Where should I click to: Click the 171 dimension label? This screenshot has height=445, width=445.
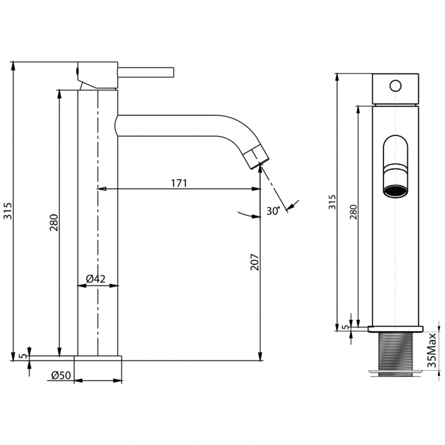coord(179,183)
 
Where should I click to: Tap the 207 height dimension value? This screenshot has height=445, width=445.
coord(255,262)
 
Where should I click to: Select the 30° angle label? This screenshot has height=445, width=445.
coord(273,211)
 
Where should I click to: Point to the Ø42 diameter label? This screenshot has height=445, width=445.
coord(95,279)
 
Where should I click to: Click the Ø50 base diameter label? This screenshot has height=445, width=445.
coord(61,375)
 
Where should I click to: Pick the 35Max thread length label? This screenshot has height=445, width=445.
coord(432,350)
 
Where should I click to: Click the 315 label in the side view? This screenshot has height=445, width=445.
coord(332,202)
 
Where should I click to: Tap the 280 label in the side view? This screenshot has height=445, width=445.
coord(353,212)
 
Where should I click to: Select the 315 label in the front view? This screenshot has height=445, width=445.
coord(8,211)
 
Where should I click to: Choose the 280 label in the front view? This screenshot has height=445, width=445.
coord(54,222)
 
